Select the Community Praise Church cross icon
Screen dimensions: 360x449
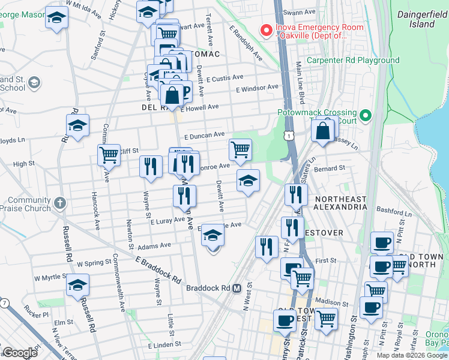point(59,203)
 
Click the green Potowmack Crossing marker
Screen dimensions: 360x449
point(364,114)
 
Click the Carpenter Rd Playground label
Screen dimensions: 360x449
point(352,61)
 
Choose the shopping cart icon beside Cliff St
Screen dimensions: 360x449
point(109,154)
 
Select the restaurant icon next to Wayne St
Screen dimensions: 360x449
point(151,166)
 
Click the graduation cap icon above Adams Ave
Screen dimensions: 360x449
point(212,235)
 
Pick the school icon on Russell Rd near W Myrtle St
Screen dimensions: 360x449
point(77,285)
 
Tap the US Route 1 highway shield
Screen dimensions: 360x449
point(290,137)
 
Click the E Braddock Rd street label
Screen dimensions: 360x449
point(158,271)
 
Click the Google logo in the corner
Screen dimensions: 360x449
point(20,353)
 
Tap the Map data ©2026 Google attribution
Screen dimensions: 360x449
point(412,355)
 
